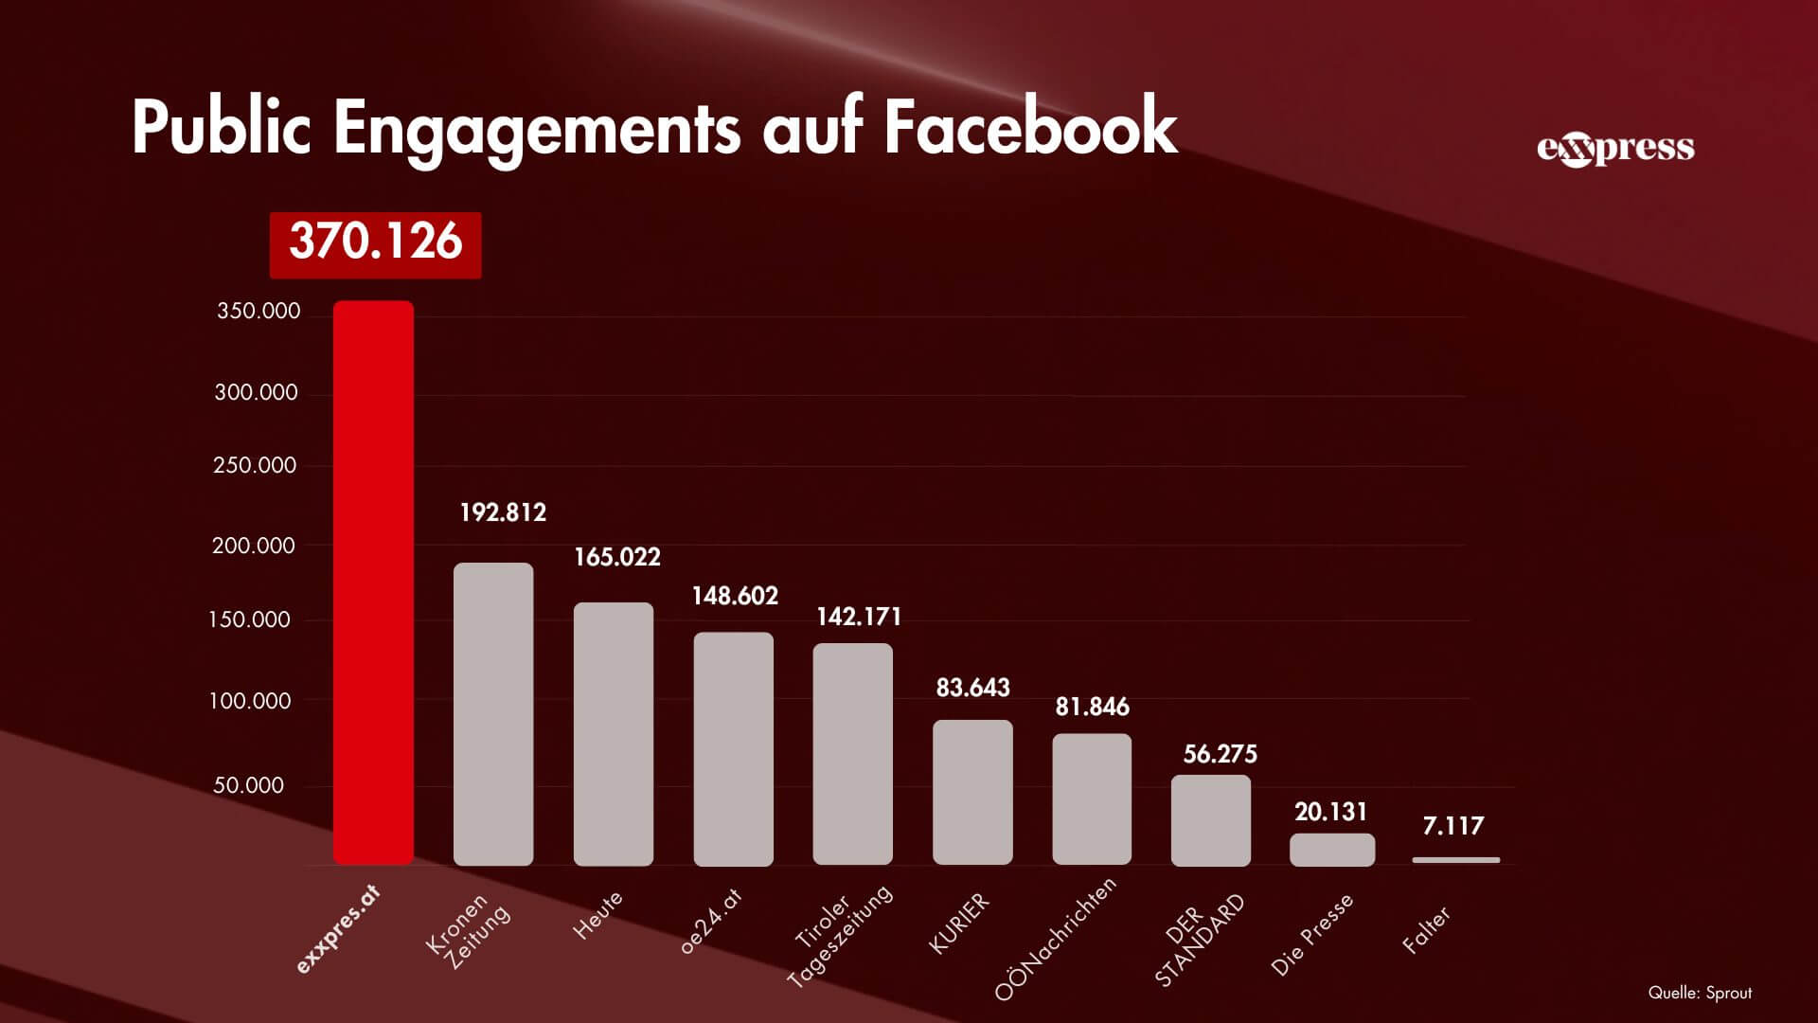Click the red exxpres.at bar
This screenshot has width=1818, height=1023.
click(373, 583)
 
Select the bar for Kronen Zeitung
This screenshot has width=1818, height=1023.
click(493, 714)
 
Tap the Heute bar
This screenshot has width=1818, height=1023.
click(614, 734)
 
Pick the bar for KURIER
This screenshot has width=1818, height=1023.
click(972, 792)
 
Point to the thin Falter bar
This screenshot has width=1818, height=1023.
click(1455, 860)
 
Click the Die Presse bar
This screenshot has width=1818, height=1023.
click(1332, 850)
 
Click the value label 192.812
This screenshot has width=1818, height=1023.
click(503, 513)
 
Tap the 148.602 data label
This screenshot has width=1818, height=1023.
click(735, 596)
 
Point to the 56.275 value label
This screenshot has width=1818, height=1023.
click(1220, 754)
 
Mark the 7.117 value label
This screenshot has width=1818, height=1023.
click(1453, 826)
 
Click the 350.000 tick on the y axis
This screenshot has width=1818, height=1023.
click(258, 312)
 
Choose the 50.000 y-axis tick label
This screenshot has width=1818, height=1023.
click(248, 785)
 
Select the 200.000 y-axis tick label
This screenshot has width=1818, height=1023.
click(254, 546)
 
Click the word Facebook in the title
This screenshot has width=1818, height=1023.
click(1030, 128)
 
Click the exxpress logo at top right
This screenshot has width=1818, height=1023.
click(1615, 149)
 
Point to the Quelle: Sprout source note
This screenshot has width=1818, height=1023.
click(1700, 993)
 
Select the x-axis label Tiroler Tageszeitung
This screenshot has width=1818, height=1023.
click(840, 936)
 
